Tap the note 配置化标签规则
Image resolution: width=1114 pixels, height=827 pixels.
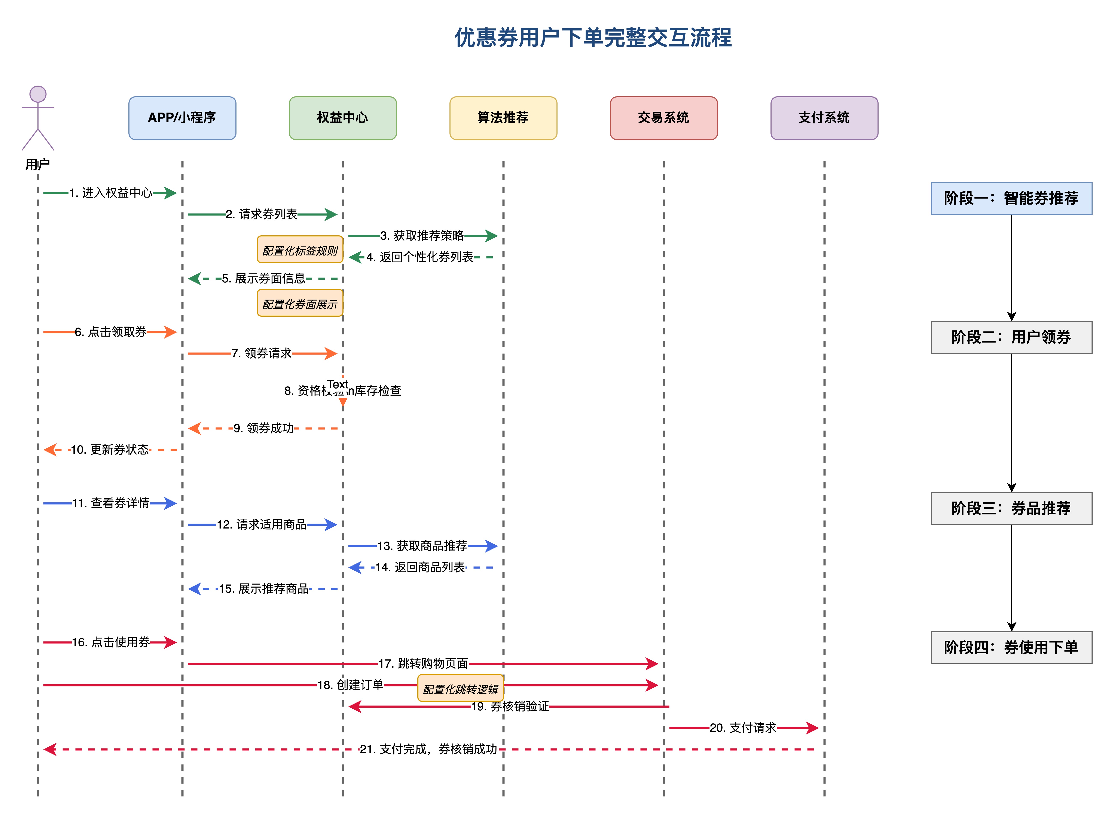(300, 250)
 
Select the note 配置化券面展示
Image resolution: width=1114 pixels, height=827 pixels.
(300, 303)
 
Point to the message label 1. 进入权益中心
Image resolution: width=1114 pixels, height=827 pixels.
(111, 193)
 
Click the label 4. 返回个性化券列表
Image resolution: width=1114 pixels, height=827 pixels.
(419, 257)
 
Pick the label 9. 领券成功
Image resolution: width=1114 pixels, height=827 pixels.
(264, 429)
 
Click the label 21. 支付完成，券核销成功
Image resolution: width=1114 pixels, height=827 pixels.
(428, 749)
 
